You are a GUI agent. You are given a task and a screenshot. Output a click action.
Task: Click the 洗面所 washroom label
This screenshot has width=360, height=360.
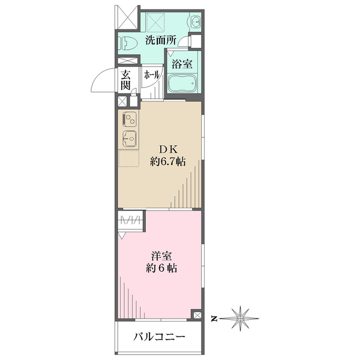pyautogui.click(x=160, y=41)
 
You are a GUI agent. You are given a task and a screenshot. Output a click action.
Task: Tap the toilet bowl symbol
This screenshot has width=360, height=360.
pyautogui.click(x=127, y=43)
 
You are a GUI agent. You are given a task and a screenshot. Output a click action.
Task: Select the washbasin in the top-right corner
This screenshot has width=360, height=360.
pyautogui.click(x=196, y=23)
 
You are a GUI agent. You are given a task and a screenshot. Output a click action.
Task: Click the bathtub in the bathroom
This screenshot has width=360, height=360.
pyautogui.click(x=184, y=85)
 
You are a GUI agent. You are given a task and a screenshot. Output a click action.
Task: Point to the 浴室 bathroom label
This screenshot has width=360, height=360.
pyautogui.click(x=182, y=62)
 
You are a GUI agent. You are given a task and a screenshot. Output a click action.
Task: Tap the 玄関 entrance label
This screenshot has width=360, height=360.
pyautogui.click(x=125, y=80)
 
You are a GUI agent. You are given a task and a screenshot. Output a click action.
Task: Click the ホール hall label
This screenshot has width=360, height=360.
pyautogui.click(x=151, y=76)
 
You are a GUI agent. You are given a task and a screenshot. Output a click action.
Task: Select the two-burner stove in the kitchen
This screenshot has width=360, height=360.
pyautogui.click(x=130, y=119)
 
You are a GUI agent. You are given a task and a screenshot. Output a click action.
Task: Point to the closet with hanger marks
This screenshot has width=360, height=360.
pyautogui.click(x=131, y=220)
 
